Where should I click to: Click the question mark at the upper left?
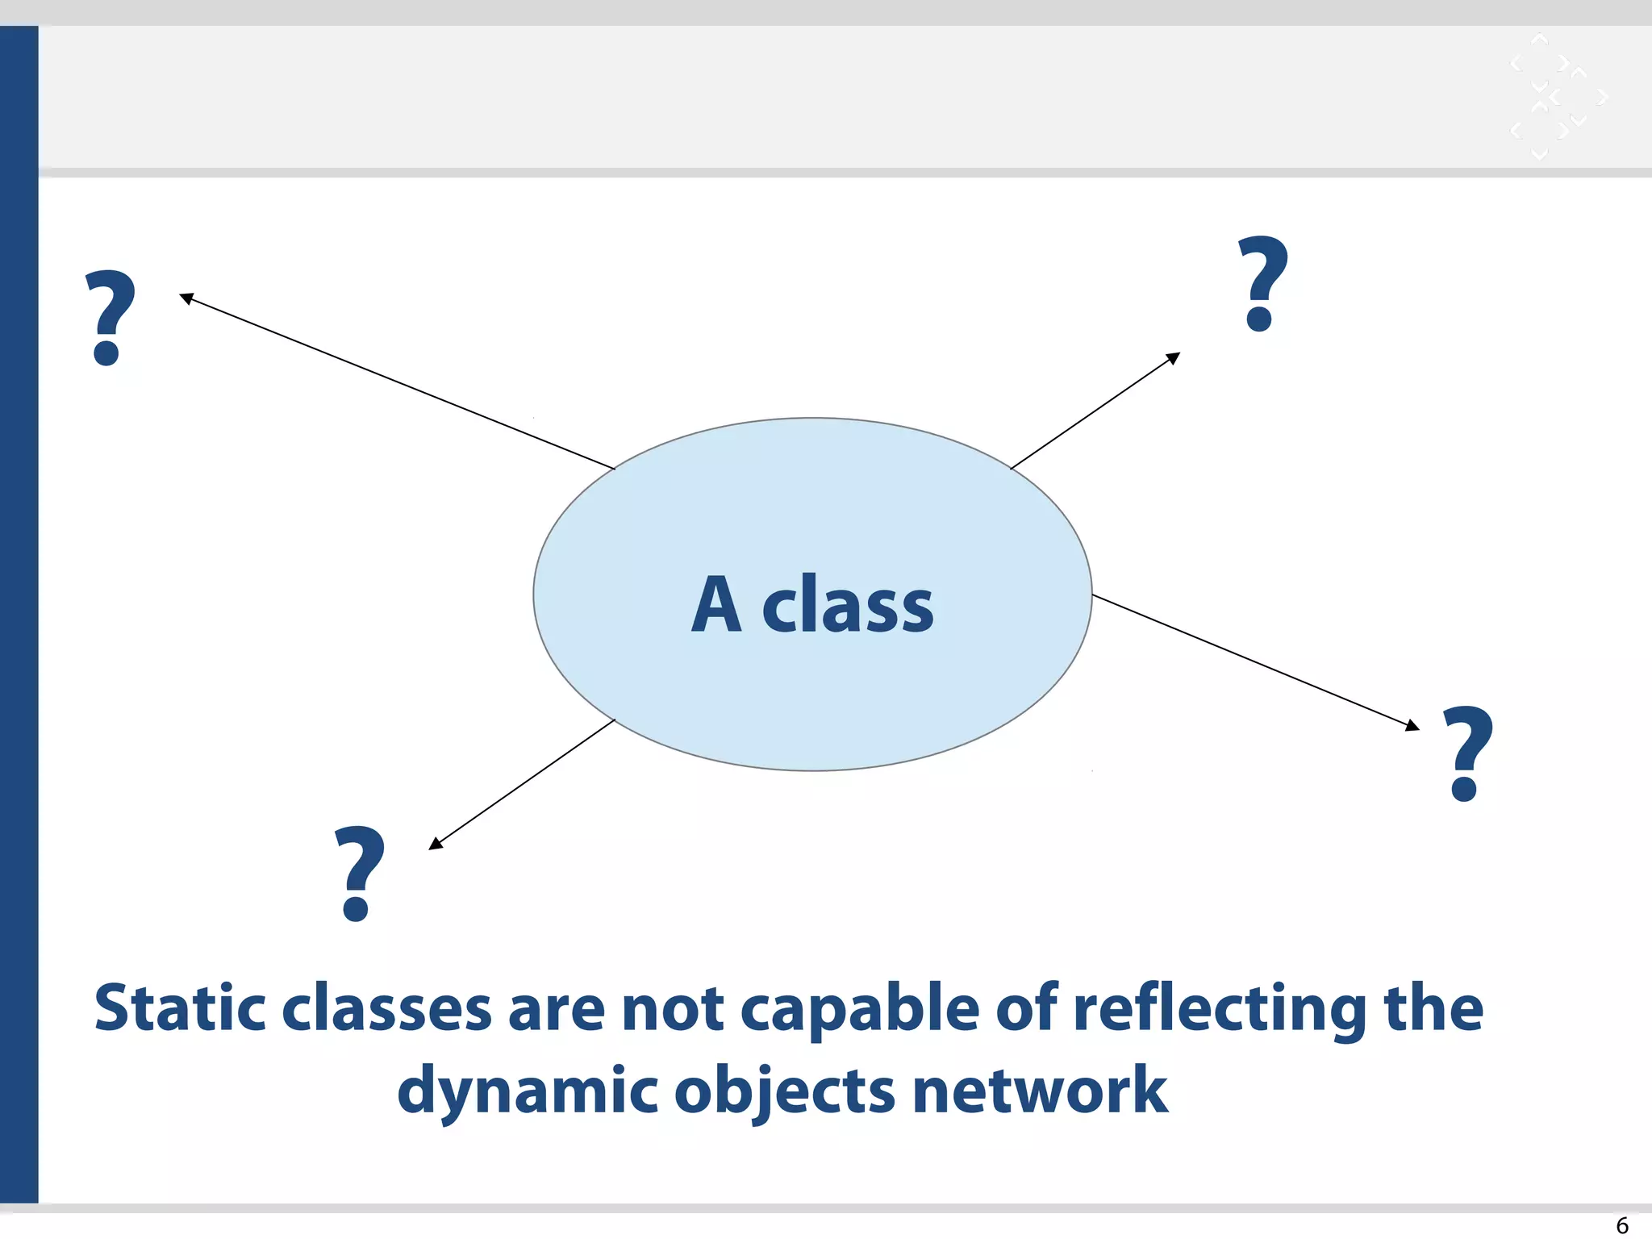pyautogui.click(x=111, y=318)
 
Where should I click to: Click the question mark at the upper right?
pyautogui.click(x=1263, y=284)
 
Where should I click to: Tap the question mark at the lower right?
pyautogui.click(x=1467, y=753)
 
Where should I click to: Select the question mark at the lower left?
pyautogui.click(x=359, y=874)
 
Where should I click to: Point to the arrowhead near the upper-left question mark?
pyautogui.click(x=186, y=298)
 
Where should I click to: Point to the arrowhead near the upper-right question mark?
pyautogui.click(x=1174, y=357)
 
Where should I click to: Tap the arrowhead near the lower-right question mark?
pyautogui.click(x=1412, y=725)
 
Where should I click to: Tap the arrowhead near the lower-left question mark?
pyautogui.click(x=436, y=844)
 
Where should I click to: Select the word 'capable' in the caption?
pyautogui.click(x=859, y=1010)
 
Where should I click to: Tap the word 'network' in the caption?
pyautogui.click(x=1040, y=1091)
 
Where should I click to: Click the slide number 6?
pyautogui.click(x=1622, y=1225)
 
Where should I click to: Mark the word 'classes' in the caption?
pyautogui.click(x=386, y=1010)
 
